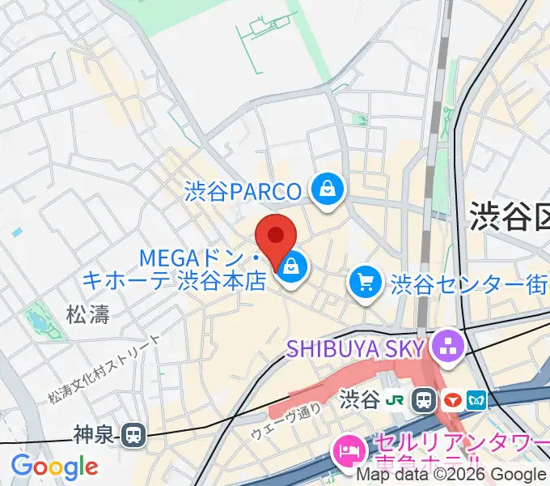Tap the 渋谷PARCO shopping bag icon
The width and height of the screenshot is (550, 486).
pyautogui.click(x=327, y=190)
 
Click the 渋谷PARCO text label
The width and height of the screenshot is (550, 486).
pyautogui.click(x=243, y=192)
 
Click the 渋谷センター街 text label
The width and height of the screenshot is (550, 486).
pyautogui.click(x=469, y=283)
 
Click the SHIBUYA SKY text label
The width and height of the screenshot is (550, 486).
pyautogui.click(x=356, y=348)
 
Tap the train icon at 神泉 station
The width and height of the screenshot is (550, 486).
pyautogui.click(x=133, y=436)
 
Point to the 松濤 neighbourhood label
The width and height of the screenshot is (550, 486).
pyautogui.click(x=88, y=314)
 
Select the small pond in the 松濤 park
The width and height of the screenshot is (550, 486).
pyautogui.click(x=36, y=322)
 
